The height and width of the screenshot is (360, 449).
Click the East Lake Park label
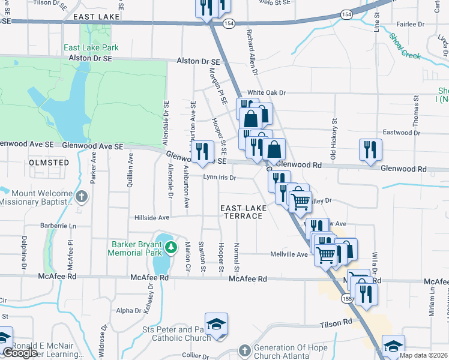[91, 47]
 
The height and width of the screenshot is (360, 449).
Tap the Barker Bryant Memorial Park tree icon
[171, 247]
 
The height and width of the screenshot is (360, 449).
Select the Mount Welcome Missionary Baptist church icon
[82, 196]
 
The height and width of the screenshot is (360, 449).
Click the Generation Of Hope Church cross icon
[244, 350]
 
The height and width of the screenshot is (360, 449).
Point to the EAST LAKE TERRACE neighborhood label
[242, 212]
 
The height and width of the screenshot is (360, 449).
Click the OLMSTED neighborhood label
[49, 163]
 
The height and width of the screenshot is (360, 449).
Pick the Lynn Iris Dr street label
[220, 178]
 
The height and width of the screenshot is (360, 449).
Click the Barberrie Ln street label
[58, 226]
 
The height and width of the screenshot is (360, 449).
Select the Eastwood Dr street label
[397, 133]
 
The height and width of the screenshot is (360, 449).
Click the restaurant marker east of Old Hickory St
[370, 149]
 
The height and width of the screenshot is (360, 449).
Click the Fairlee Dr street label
[410, 25]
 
